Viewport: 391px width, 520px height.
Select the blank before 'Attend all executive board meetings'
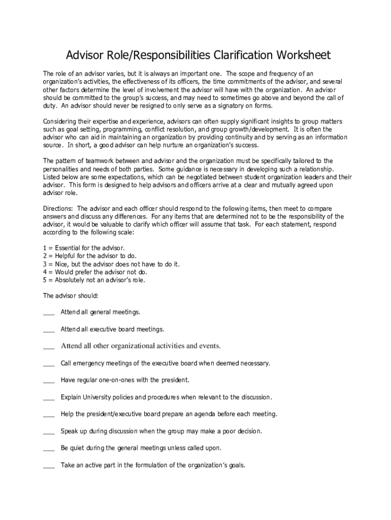(x=49, y=330)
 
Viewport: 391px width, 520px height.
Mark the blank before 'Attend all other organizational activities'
(x=49, y=347)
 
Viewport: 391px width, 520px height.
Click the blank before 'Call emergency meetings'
(x=49, y=364)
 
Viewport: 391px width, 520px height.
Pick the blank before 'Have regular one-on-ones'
(x=49, y=380)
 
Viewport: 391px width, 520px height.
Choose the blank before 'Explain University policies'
(x=49, y=397)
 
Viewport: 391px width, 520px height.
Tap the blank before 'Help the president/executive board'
(x=49, y=414)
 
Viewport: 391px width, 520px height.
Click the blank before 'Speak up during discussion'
(x=49, y=432)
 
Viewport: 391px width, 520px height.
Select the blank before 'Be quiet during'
(x=49, y=448)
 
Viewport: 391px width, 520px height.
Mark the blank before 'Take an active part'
(x=49, y=465)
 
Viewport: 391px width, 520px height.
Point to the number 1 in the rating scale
(x=45, y=248)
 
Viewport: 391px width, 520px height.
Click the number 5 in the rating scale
(x=45, y=280)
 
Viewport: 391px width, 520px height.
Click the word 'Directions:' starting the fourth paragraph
(x=58, y=209)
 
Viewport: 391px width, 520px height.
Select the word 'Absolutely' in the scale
(x=71, y=280)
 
